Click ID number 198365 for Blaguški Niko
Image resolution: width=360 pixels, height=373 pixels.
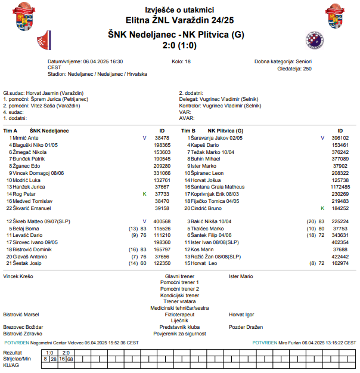[162, 145]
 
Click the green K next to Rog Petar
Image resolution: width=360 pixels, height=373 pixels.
[144, 194]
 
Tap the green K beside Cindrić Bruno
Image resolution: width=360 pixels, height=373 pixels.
[322, 208]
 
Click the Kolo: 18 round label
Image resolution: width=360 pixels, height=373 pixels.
[181, 61]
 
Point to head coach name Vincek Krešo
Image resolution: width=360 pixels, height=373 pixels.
[19, 276]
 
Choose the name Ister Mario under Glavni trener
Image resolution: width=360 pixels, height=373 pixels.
[241, 276]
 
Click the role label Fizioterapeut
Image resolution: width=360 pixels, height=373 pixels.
[179, 314]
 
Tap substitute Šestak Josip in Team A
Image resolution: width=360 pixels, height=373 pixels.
[27, 263]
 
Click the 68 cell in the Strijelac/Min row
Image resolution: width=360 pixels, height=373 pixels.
[70, 359]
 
